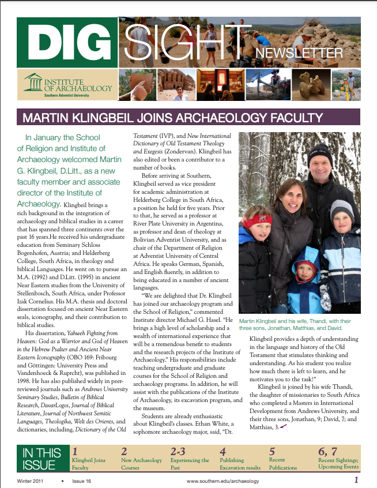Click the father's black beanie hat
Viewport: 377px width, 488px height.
pos(319,156)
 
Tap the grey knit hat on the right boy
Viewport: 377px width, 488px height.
pos(341,210)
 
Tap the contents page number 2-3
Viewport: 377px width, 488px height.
pos(182,451)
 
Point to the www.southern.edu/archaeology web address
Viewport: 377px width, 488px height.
pos(223,481)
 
